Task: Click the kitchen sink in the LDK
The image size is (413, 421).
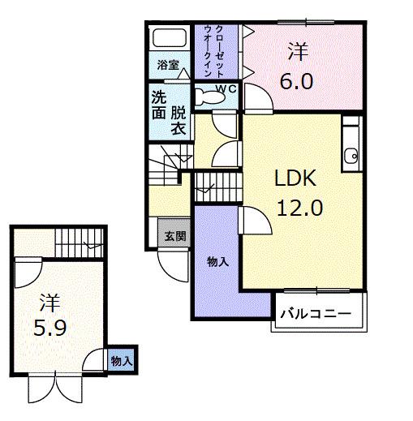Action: [351, 157]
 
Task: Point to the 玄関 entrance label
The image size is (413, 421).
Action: [174, 236]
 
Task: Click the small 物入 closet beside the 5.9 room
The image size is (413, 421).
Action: [121, 360]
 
